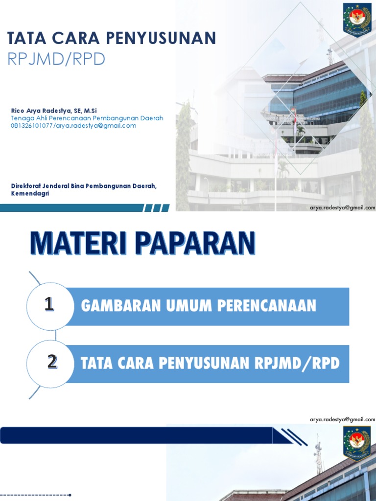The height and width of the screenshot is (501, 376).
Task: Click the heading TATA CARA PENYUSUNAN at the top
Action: tap(112, 38)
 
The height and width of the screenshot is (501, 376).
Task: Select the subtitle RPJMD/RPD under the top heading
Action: tap(57, 59)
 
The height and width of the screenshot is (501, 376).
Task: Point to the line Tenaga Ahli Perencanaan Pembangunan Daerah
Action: tap(87, 118)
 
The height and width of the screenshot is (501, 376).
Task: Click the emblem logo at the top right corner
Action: tap(357, 20)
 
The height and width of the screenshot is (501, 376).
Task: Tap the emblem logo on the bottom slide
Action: tap(357, 443)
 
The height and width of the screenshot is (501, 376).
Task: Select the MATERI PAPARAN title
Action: tap(143, 244)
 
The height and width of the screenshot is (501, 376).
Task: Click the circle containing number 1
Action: tap(49, 306)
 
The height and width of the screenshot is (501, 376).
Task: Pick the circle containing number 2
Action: tap(52, 363)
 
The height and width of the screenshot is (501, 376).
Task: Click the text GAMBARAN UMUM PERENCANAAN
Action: tap(198, 306)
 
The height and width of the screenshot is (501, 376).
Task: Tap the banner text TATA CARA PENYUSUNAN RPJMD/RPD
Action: tap(210, 364)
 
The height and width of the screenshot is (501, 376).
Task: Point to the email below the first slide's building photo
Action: tap(342, 208)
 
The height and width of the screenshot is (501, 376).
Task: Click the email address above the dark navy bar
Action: tap(342, 420)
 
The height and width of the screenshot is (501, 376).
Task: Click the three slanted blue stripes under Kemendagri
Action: tap(156, 208)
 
